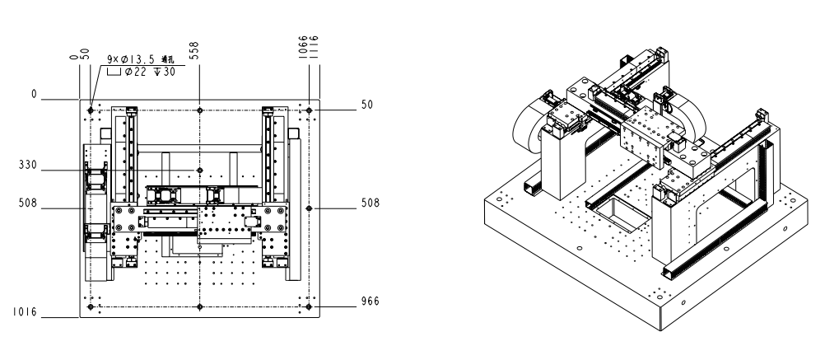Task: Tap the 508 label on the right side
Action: point(370,203)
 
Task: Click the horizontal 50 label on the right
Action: point(367,105)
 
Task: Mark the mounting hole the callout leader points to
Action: point(91,110)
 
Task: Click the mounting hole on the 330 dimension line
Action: point(199,170)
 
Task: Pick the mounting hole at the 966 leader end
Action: point(309,307)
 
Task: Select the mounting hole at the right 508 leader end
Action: point(309,208)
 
